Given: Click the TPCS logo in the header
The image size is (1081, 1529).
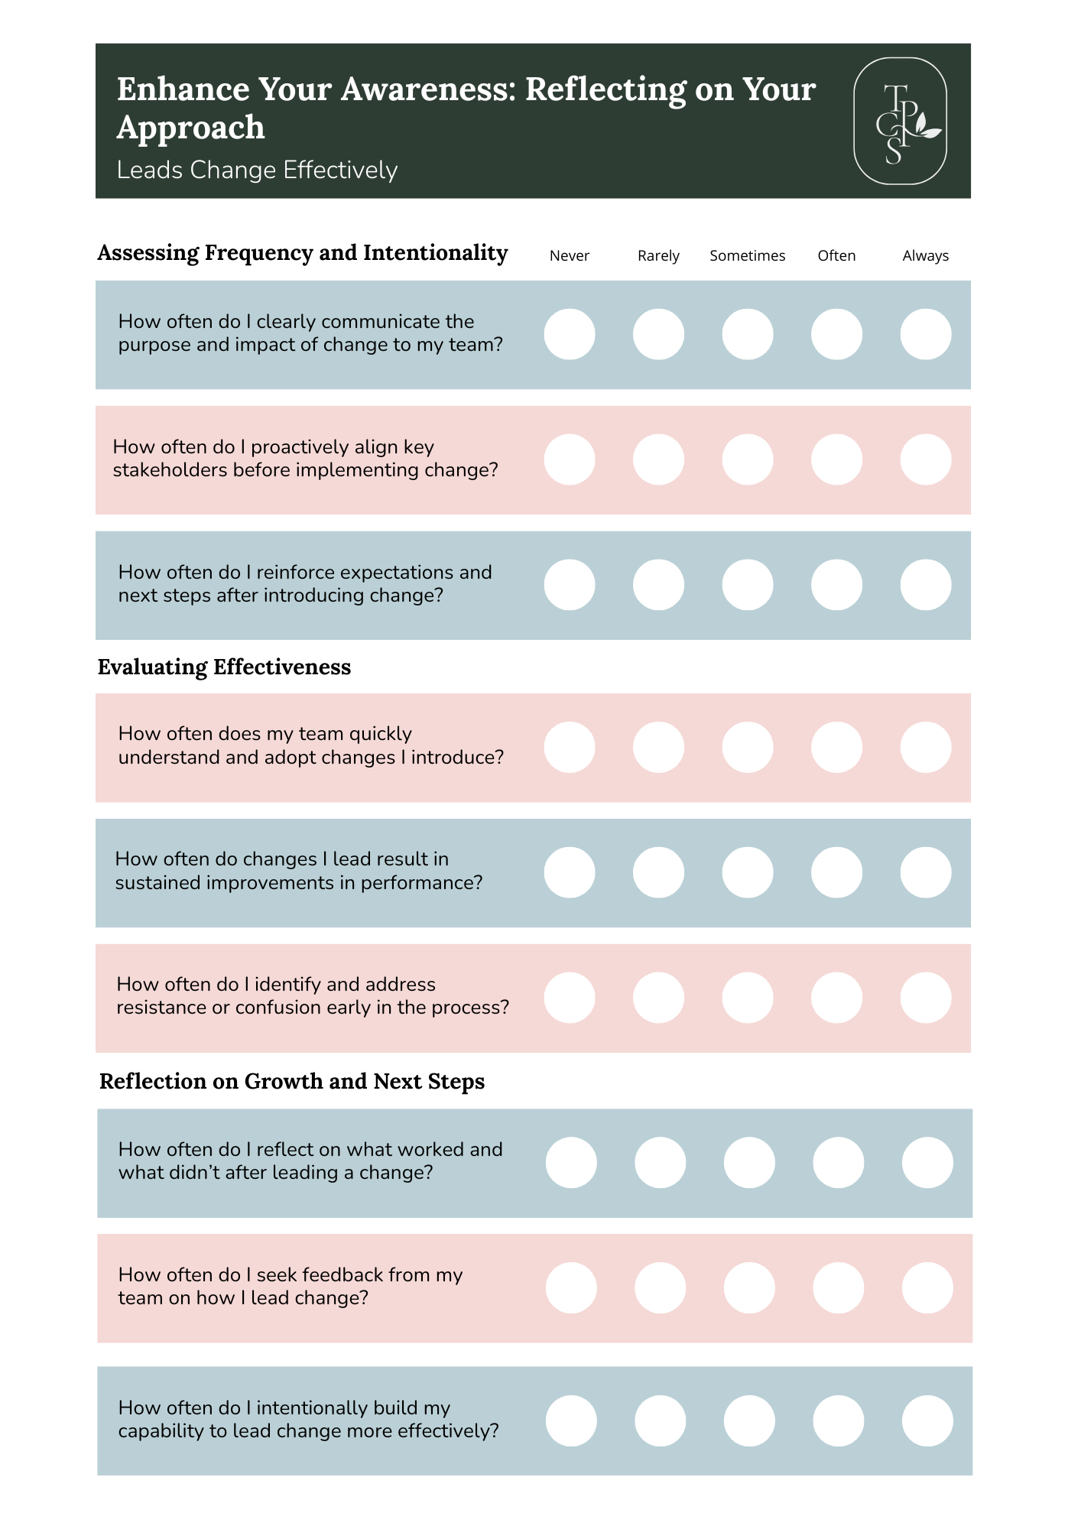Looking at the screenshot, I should (900, 122).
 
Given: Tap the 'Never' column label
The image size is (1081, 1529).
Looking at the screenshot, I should (570, 256).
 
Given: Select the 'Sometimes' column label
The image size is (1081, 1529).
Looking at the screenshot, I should (747, 256).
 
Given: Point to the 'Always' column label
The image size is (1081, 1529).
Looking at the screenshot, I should (925, 256).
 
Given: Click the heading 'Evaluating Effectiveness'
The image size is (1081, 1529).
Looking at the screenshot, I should (224, 667).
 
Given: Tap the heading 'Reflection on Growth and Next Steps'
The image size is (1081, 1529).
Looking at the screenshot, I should (292, 1082).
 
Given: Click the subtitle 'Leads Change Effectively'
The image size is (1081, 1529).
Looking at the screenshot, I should (257, 170).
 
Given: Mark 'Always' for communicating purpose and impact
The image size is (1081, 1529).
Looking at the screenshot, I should (925, 334).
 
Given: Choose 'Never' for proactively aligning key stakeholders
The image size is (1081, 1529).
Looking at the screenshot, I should (570, 459).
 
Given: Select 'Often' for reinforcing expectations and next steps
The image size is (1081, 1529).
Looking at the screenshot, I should (836, 585).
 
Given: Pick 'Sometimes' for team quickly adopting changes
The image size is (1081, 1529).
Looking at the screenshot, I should (747, 747).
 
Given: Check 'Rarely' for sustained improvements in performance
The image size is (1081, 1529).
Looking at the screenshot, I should (658, 872).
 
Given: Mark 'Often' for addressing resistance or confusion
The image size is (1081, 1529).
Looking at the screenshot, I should (836, 998).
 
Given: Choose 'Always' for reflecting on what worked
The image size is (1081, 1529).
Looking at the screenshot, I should (927, 1162).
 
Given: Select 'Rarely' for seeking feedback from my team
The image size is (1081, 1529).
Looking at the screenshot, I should (660, 1287).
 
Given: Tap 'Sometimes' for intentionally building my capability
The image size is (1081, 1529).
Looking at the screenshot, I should (748, 1420).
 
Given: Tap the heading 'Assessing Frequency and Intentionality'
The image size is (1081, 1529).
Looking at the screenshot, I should (303, 253).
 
